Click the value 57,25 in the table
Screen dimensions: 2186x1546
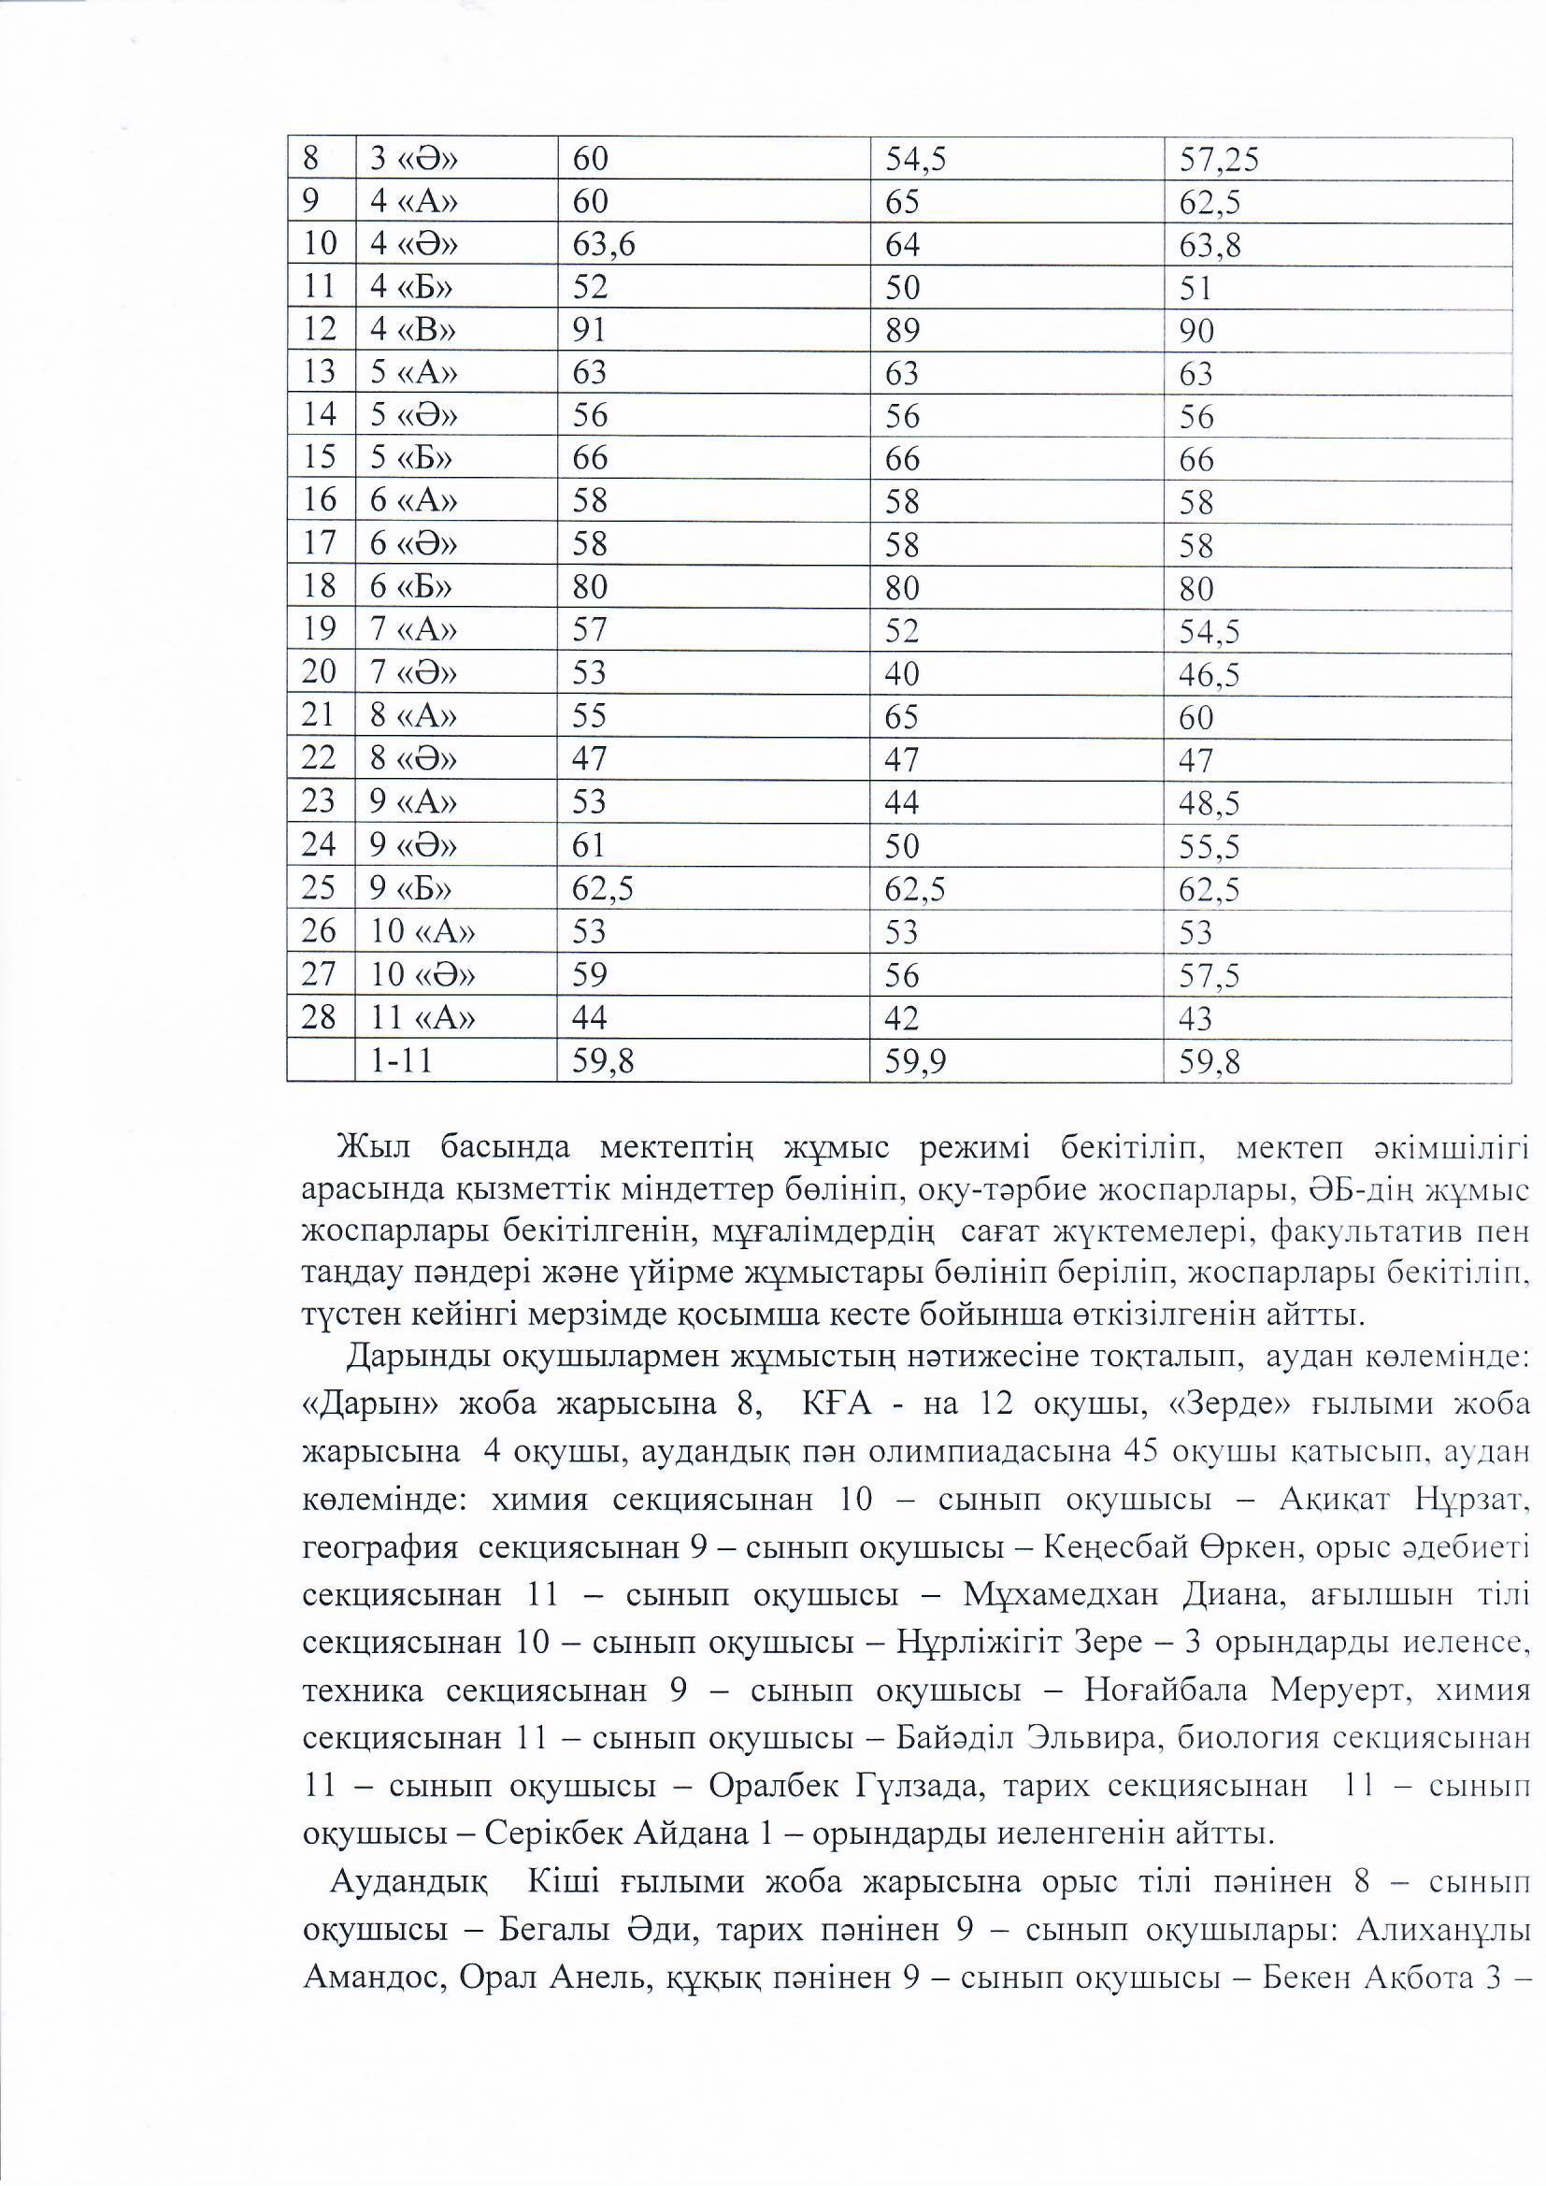[x=1219, y=160]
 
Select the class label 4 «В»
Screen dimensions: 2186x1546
[x=413, y=329]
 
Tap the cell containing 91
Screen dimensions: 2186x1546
[x=589, y=329]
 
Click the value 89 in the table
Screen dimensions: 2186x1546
[x=903, y=329]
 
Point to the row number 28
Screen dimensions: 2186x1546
[x=319, y=1018]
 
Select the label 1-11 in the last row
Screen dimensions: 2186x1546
[x=401, y=1059]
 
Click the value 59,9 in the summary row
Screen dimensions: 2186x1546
[x=914, y=1060]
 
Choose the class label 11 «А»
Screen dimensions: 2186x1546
[x=422, y=1018]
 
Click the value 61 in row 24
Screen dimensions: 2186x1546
[x=589, y=845]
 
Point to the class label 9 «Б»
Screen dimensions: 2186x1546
[x=411, y=888]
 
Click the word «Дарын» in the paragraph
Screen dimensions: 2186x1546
[x=368, y=1404]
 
